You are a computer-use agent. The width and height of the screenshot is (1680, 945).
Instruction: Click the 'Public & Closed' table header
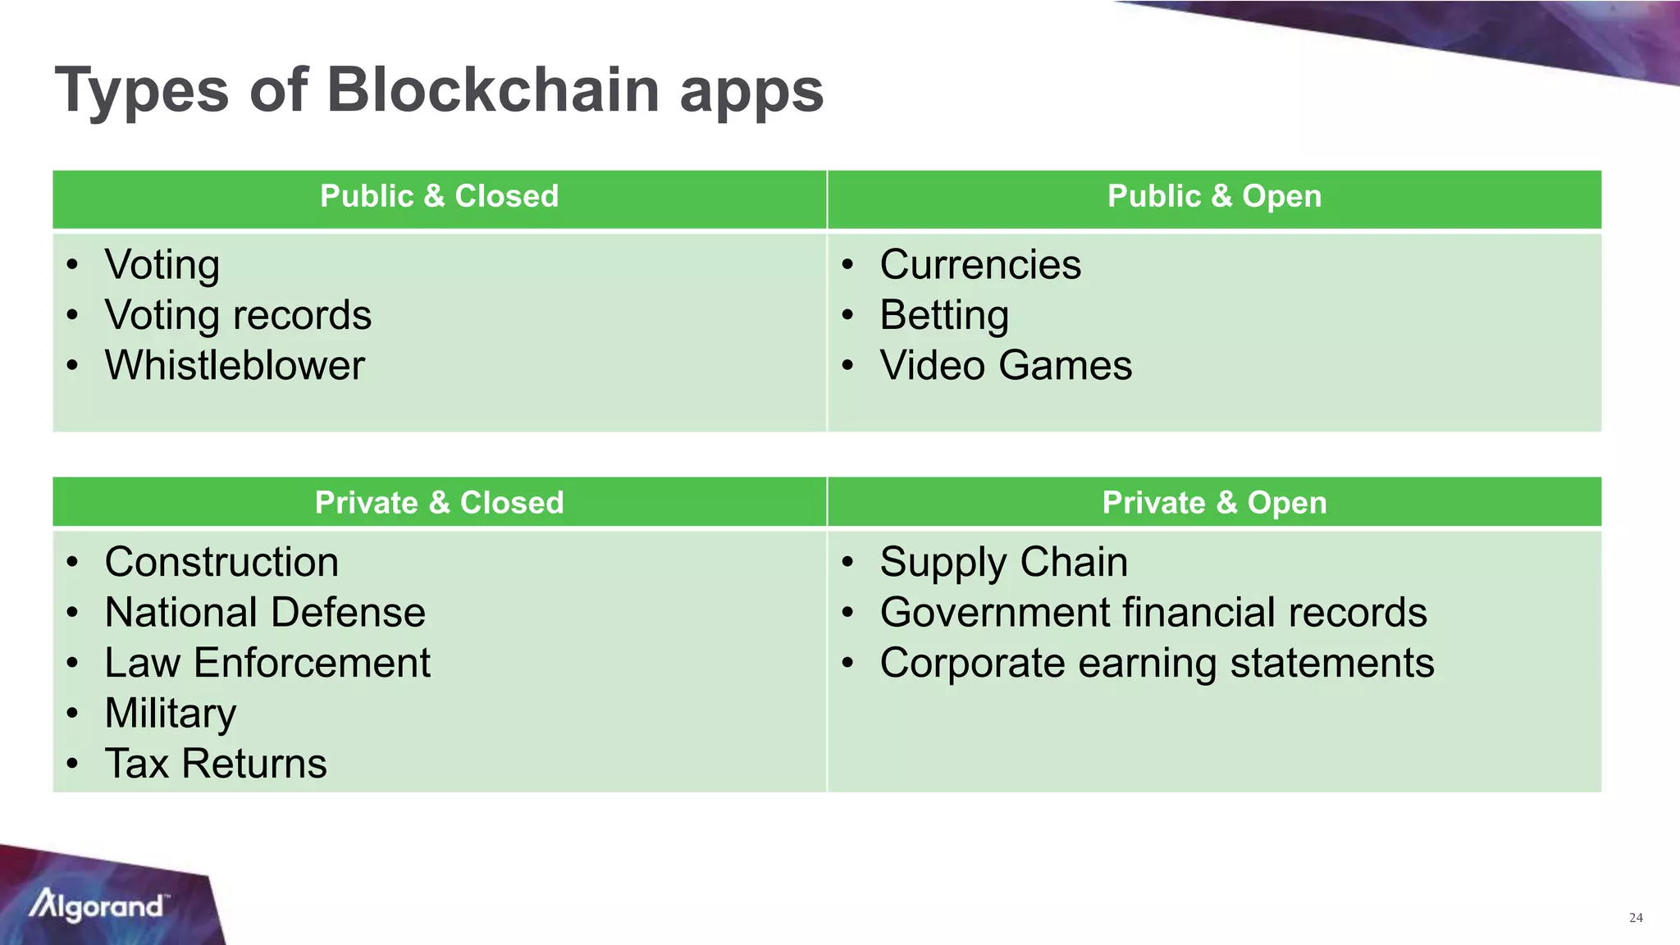coord(439,197)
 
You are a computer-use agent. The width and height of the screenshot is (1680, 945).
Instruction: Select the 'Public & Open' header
coord(1214,197)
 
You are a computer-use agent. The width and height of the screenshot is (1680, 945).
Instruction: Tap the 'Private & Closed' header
coord(439,503)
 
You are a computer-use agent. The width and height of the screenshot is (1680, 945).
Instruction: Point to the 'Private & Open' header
coord(1214,503)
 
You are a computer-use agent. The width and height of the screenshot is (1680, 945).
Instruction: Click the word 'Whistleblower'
coord(235,366)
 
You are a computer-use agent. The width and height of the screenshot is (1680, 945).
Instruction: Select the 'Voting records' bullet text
coord(238,316)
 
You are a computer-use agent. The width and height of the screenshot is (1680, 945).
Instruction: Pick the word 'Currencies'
coord(980,265)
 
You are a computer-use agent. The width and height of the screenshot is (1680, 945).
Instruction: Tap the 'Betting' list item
coord(944,316)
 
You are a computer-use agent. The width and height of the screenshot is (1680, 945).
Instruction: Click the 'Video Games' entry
coord(1006,366)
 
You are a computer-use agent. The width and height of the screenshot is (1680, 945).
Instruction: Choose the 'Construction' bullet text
coord(221,563)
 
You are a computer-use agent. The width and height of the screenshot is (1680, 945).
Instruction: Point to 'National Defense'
coord(265,613)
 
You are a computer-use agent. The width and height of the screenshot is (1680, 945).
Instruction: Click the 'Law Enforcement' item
coord(267,663)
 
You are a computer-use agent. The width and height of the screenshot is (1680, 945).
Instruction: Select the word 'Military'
coord(171,714)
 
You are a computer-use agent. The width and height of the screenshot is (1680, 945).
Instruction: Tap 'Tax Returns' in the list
coord(216,764)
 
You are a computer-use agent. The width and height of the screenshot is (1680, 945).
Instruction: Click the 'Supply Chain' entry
coord(1003,563)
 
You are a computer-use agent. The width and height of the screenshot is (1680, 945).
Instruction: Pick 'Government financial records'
coord(1153,613)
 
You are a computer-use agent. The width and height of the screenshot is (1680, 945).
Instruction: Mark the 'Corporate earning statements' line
coord(1157,663)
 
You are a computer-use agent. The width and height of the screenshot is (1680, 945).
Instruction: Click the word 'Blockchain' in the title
coord(492,89)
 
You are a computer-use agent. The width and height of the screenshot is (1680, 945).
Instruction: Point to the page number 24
coord(1636,918)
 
